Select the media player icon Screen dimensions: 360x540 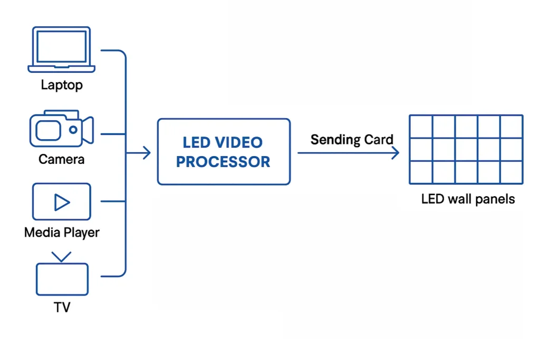coord(62,201)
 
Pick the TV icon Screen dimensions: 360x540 coord(62,275)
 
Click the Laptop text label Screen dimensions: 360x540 coord(62,85)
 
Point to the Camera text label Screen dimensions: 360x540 coord(62,159)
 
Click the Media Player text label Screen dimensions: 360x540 coord(62,232)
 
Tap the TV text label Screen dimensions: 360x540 coord(62,307)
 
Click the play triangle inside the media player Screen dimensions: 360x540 coord(62,202)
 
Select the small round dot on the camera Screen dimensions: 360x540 coord(73,129)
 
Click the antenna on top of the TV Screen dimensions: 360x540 coord(62,257)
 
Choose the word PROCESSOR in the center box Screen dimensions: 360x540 coord(223,162)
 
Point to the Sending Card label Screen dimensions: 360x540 coord(352,140)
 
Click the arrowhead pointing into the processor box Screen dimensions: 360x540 coord(147,153)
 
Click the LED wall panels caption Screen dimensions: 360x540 coord(468,199)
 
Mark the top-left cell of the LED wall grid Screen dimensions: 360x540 coord(421,127)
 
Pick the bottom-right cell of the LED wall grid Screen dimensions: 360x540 coord(511,172)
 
